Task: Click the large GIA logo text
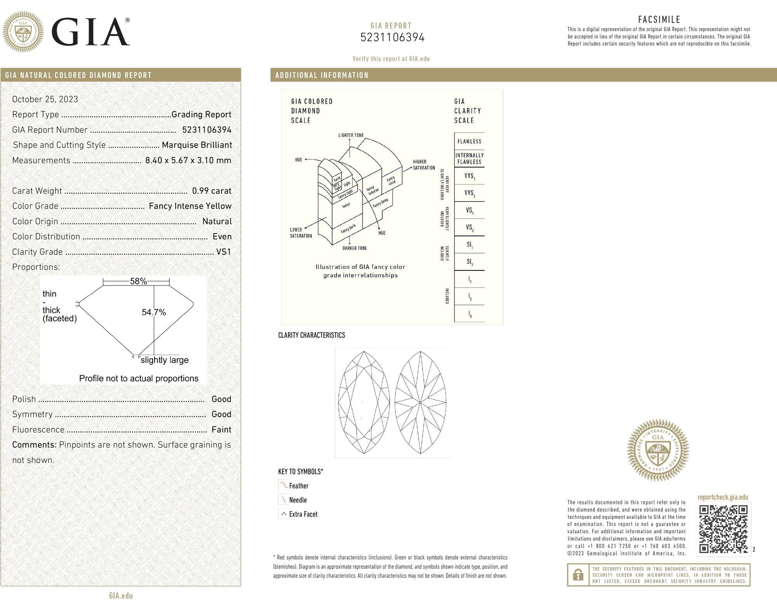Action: (90, 32)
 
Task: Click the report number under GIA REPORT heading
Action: (392, 38)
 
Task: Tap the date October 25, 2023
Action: (45, 99)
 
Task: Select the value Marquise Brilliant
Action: (197, 145)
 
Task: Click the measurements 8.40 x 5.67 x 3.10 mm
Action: (188, 160)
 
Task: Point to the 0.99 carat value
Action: (211, 191)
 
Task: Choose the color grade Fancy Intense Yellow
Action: (190, 206)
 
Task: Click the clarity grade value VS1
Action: (223, 252)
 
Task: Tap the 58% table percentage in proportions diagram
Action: (138, 281)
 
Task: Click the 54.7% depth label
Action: (154, 312)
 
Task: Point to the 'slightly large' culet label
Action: (164, 360)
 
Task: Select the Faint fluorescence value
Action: (221, 430)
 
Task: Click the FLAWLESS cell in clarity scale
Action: (469, 141)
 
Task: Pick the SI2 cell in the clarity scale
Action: (469, 262)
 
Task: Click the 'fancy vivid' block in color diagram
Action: (391, 180)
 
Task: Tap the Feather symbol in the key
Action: (284, 485)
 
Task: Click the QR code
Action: (723, 529)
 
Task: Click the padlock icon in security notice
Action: (578, 575)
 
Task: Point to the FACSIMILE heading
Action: (659, 19)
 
